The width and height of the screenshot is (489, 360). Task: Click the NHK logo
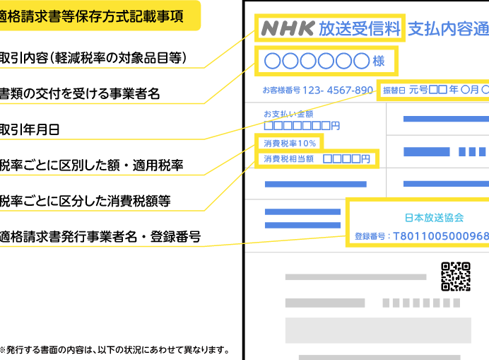click(288, 28)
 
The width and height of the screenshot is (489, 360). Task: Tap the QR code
click(456, 277)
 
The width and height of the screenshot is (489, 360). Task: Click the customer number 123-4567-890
click(338, 91)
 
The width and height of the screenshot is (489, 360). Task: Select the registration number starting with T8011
click(441, 236)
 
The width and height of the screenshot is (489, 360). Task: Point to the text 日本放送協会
click(434, 218)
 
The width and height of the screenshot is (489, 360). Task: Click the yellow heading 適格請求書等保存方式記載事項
click(91, 16)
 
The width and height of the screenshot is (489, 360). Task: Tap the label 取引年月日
click(29, 129)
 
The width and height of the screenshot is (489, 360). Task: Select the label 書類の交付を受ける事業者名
click(80, 93)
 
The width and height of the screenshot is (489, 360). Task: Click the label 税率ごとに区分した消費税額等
click(85, 201)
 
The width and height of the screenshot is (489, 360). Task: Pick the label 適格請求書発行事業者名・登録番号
click(100, 237)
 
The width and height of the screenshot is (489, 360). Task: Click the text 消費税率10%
click(290, 144)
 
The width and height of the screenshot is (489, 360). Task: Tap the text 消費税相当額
click(289, 159)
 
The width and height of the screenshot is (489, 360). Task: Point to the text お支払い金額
click(288, 114)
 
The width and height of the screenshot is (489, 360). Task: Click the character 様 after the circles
click(379, 61)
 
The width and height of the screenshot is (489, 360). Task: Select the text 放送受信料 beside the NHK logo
click(360, 29)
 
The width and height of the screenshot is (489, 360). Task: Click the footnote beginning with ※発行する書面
click(114, 349)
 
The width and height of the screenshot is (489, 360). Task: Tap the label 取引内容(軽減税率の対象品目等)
click(93, 58)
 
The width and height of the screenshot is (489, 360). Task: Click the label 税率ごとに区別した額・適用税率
click(91, 166)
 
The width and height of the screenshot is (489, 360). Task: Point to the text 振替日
click(394, 91)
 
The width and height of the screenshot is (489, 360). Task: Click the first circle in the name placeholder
click(273, 61)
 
